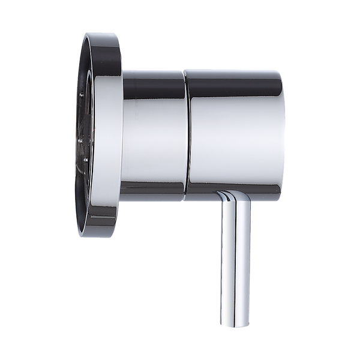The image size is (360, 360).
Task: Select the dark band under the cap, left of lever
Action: [x=201, y=194]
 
